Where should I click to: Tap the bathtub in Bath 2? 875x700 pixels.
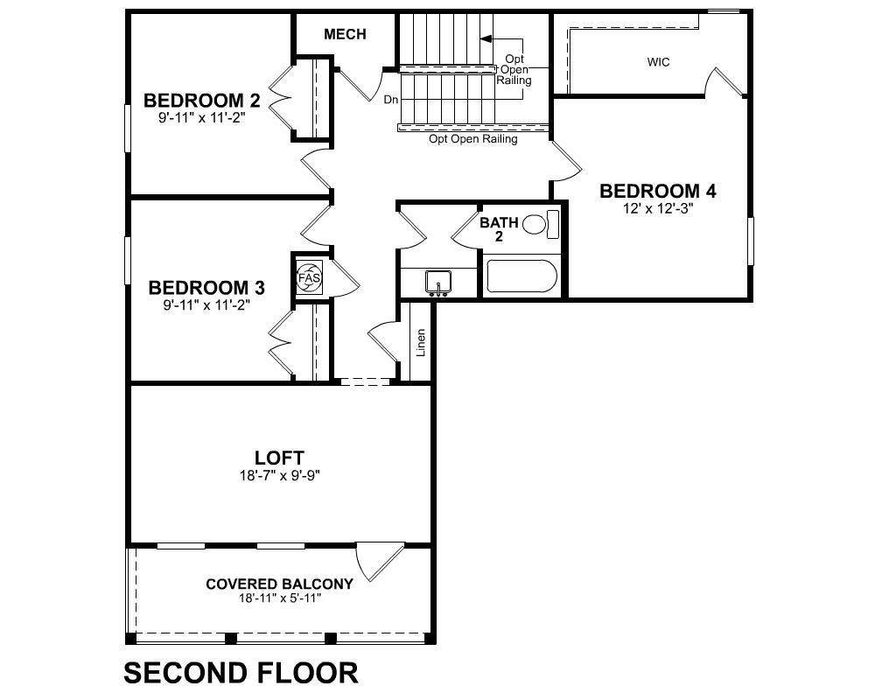(521, 276)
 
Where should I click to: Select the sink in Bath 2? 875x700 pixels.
(438, 282)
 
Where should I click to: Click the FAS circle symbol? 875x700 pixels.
(309, 276)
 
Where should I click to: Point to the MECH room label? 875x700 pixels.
(345, 35)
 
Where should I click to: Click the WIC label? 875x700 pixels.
(658, 62)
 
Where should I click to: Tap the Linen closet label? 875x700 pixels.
(421, 342)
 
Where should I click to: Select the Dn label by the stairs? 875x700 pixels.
(391, 100)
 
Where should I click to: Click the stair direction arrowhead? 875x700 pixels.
(486, 38)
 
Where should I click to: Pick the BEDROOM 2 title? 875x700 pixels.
(201, 101)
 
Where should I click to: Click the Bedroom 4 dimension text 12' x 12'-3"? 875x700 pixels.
(657, 209)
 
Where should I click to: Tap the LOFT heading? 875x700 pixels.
(279, 458)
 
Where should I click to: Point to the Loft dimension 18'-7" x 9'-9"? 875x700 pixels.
(279, 476)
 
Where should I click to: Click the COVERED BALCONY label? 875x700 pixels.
(279, 584)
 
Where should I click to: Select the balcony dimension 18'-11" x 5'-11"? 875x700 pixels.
(280, 598)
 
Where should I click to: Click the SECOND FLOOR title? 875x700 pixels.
(241, 673)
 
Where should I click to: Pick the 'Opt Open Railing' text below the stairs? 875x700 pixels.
(472, 139)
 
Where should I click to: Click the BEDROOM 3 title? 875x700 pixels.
(206, 288)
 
